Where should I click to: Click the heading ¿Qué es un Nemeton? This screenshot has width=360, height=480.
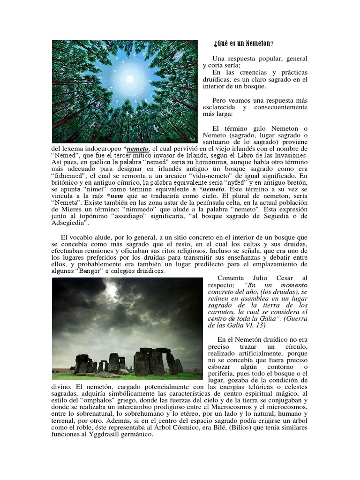point(243,44)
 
